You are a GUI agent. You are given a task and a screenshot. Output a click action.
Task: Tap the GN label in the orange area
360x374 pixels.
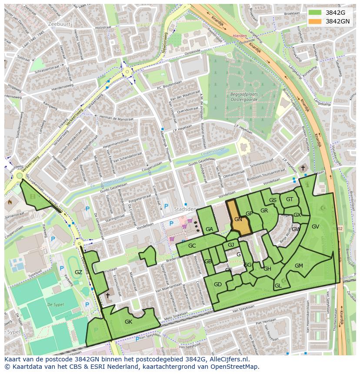point(238,219)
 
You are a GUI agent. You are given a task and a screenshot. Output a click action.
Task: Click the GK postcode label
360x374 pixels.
point(128,322)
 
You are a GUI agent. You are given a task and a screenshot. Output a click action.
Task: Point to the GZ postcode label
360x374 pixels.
point(78,272)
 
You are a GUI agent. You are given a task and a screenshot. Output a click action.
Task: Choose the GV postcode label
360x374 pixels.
point(315,226)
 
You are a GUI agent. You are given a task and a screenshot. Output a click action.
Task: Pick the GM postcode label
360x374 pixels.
point(299,265)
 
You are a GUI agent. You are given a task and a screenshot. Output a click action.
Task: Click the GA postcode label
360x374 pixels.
point(209,229)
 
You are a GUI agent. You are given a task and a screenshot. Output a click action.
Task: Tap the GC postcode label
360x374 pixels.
point(192,246)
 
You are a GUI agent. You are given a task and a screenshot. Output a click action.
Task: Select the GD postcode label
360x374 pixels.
point(218,285)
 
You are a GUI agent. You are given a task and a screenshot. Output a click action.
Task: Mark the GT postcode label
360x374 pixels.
point(290,199)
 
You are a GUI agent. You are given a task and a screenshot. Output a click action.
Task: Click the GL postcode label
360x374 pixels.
point(278,285)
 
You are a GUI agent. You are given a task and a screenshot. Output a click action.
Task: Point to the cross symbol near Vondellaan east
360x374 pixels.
point(303,168)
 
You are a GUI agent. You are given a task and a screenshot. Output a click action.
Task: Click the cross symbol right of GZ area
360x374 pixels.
point(107,295)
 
